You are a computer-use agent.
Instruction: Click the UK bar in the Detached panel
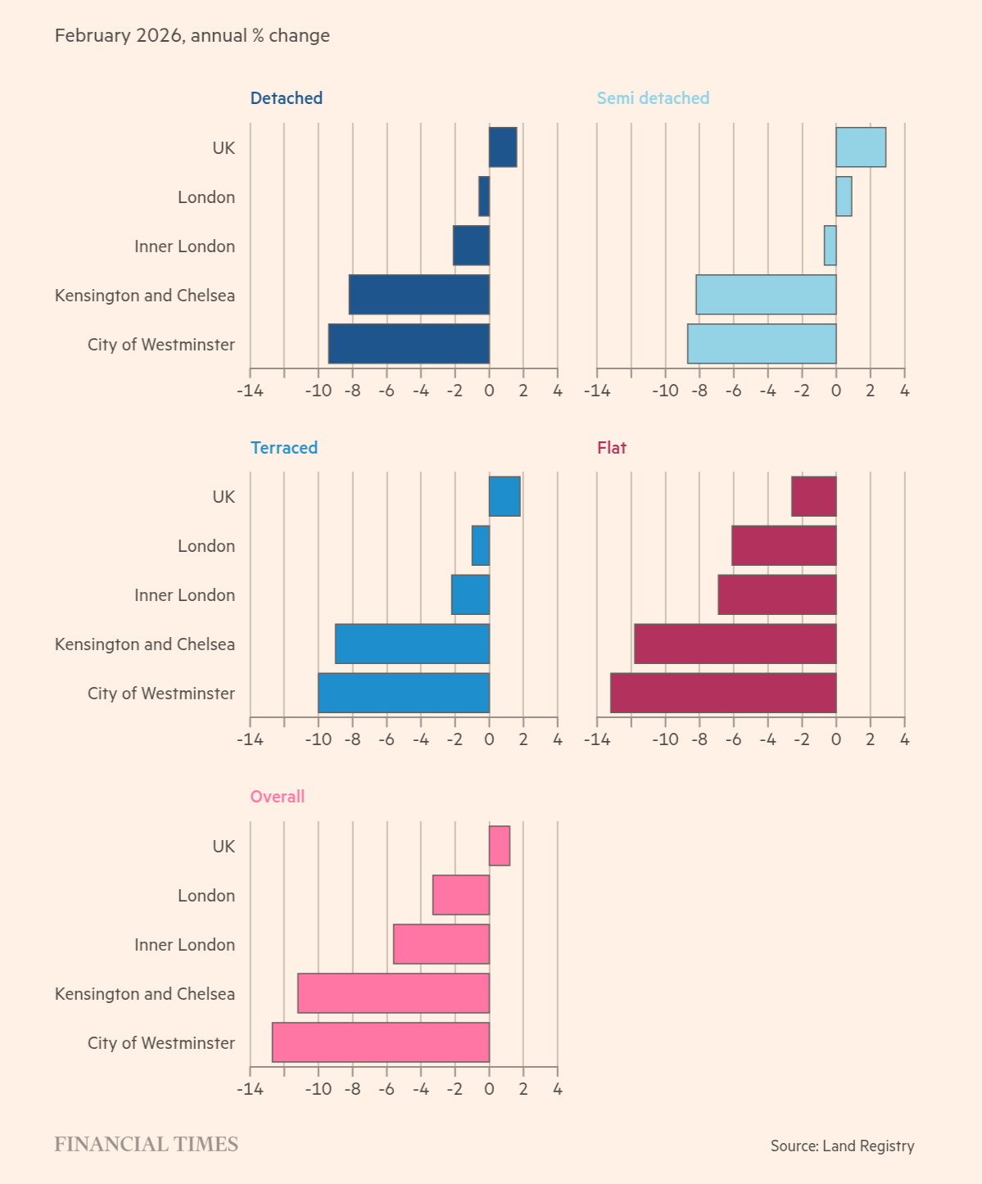pyautogui.click(x=503, y=147)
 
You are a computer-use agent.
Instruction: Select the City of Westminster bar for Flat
pyautogui.click(x=723, y=693)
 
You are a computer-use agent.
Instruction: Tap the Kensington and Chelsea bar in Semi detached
pyautogui.click(x=766, y=295)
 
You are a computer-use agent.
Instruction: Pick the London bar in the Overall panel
pyautogui.click(x=461, y=895)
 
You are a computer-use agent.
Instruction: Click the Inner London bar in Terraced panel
pyautogui.click(x=470, y=594)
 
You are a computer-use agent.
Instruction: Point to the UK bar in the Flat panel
pyautogui.click(x=813, y=496)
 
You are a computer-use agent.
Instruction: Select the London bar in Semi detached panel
pyautogui.click(x=844, y=197)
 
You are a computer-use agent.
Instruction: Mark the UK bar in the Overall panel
pyautogui.click(x=500, y=846)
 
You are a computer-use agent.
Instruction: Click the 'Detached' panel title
pyautogui.click(x=287, y=98)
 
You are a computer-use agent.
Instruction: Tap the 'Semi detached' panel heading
pyautogui.click(x=653, y=98)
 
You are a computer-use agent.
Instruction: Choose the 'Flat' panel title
pyautogui.click(x=612, y=448)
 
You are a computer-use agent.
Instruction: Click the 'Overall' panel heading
pyautogui.click(x=278, y=797)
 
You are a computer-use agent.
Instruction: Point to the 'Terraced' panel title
pyautogui.click(x=284, y=448)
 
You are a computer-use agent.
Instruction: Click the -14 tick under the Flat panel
pyautogui.click(x=597, y=739)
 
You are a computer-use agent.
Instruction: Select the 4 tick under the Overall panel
pyautogui.click(x=558, y=1089)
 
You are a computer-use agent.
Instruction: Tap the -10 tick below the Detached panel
pyautogui.click(x=318, y=391)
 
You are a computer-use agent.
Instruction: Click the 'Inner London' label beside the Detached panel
pyautogui.click(x=184, y=246)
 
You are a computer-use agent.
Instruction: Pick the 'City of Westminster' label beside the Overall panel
pyautogui.click(x=161, y=1043)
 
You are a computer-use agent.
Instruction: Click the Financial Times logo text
pyautogui.click(x=147, y=1145)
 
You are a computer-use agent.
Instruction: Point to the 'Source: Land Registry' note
pyautogui.click(x=842, y=1146)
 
